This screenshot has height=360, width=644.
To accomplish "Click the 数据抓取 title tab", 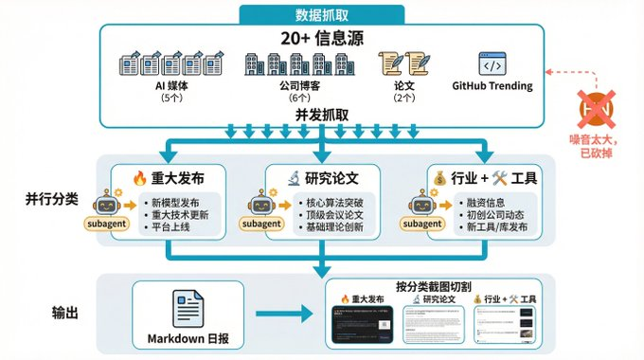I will click(321, 13).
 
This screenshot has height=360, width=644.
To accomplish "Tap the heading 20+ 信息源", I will click(321, 39).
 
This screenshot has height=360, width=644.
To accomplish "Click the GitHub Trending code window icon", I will click(492, 65).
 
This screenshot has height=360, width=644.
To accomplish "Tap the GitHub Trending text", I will click(492, 86).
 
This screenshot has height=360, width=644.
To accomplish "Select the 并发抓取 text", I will click(321, 113).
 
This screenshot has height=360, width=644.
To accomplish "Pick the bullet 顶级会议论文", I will click(334, 217).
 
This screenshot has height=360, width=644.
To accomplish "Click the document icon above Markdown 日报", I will click(188, 308).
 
